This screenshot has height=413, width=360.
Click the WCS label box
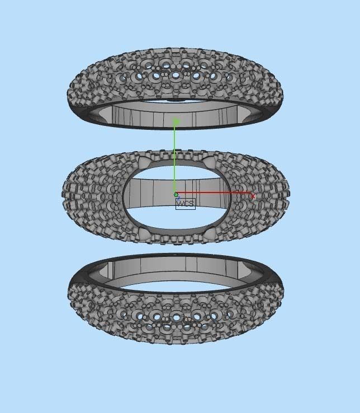click(x=186, y=204)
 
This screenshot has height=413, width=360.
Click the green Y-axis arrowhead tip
click(x=176, y=121)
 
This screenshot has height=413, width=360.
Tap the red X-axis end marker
click(x=253, y=196)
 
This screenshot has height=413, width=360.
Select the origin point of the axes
click(x=176, y=195)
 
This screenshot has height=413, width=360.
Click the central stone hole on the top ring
click(x=176, y=74)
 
